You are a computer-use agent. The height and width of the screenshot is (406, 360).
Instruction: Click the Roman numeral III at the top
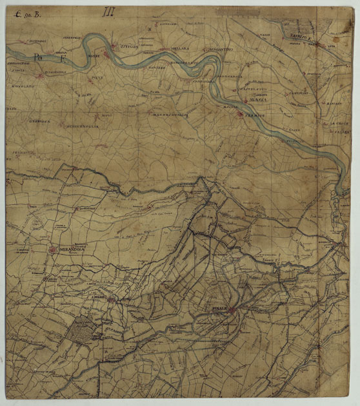coord(108,11)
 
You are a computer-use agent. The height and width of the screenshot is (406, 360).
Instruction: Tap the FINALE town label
coord(219,309)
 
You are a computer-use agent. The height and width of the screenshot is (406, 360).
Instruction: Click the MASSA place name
coord(257,100)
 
